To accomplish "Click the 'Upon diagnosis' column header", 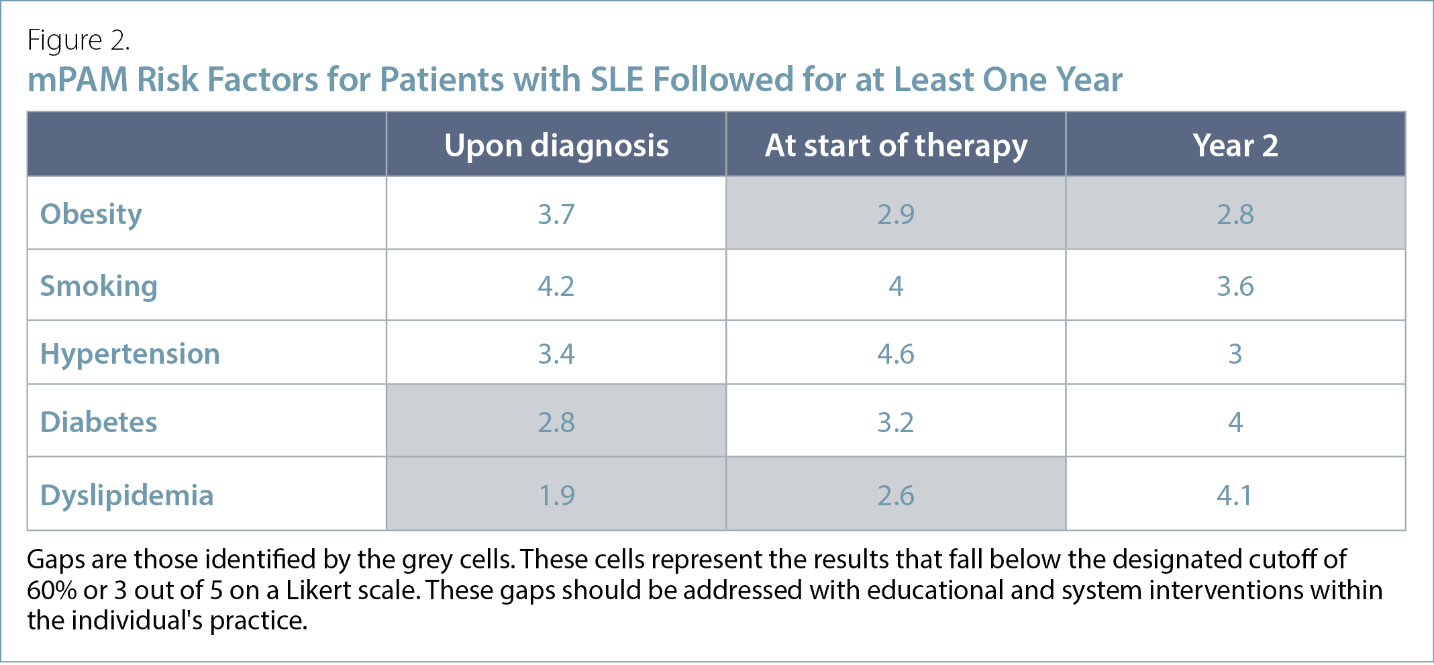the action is [x=556, y=146].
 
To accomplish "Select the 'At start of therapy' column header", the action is [x=896, y=146].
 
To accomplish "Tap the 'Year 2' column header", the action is [x=1235, y=146].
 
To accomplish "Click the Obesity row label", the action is [x=91, y=215].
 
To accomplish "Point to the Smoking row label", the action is [x=99, y=287].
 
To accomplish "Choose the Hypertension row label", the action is [x=130, y=354].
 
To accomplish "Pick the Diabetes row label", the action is [x=99, y=422].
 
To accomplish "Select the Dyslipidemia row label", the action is [x=127, y=495].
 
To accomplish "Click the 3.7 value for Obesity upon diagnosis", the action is [x=556, y=215].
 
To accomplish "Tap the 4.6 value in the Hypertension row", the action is [x=896, y=354].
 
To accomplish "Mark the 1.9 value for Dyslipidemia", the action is [x=557, y=495].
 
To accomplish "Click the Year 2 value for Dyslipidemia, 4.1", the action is [x=1235, y=495].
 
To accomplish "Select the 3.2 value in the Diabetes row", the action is [x=896, y=422].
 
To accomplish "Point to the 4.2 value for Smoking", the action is [x=556, y=287].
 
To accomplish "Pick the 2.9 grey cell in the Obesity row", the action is [x=896, y=215].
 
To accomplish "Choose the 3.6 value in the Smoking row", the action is [x=1235, y=287].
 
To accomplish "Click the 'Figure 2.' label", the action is [x=79, y=40].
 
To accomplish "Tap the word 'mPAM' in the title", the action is [x=78, y=80].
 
